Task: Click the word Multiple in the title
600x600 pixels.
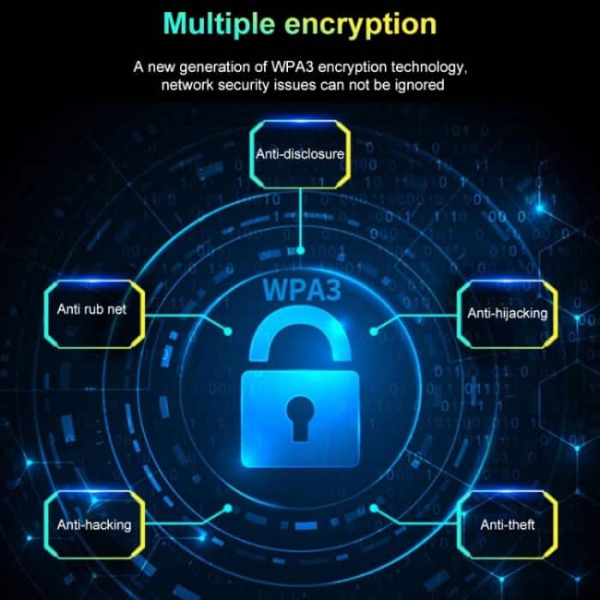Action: (x=219, y=25)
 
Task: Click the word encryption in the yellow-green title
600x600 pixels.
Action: (x=361, y=25)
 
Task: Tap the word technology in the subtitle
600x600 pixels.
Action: (x=429, y=68)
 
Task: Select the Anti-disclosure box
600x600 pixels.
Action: (x=300, y=154)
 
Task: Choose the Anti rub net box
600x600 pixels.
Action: (x=94, y=315)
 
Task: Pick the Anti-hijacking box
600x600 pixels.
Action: (x=507, y=315)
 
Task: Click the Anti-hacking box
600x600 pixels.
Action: (x=94, y=525)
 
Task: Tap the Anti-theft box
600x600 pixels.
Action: (x=507, y=525)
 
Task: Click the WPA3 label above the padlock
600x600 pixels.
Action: (x=302, y=290)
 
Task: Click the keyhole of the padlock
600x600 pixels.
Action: (x=300, y=418)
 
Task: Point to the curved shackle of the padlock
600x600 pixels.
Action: (x=300, y=335)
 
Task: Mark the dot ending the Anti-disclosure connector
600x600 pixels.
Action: (x=300, y=250)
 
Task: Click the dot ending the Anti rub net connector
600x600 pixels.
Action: (x=228, y=332)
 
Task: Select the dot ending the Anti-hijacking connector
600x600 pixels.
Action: (x=374, y=332)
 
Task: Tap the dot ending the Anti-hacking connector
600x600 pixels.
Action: (x=228, y=508)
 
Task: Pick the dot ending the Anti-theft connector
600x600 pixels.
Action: (x=374, y=508)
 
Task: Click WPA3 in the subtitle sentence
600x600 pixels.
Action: (x=292, y=67)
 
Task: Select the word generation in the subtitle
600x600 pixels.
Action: (x=215, y=68)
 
